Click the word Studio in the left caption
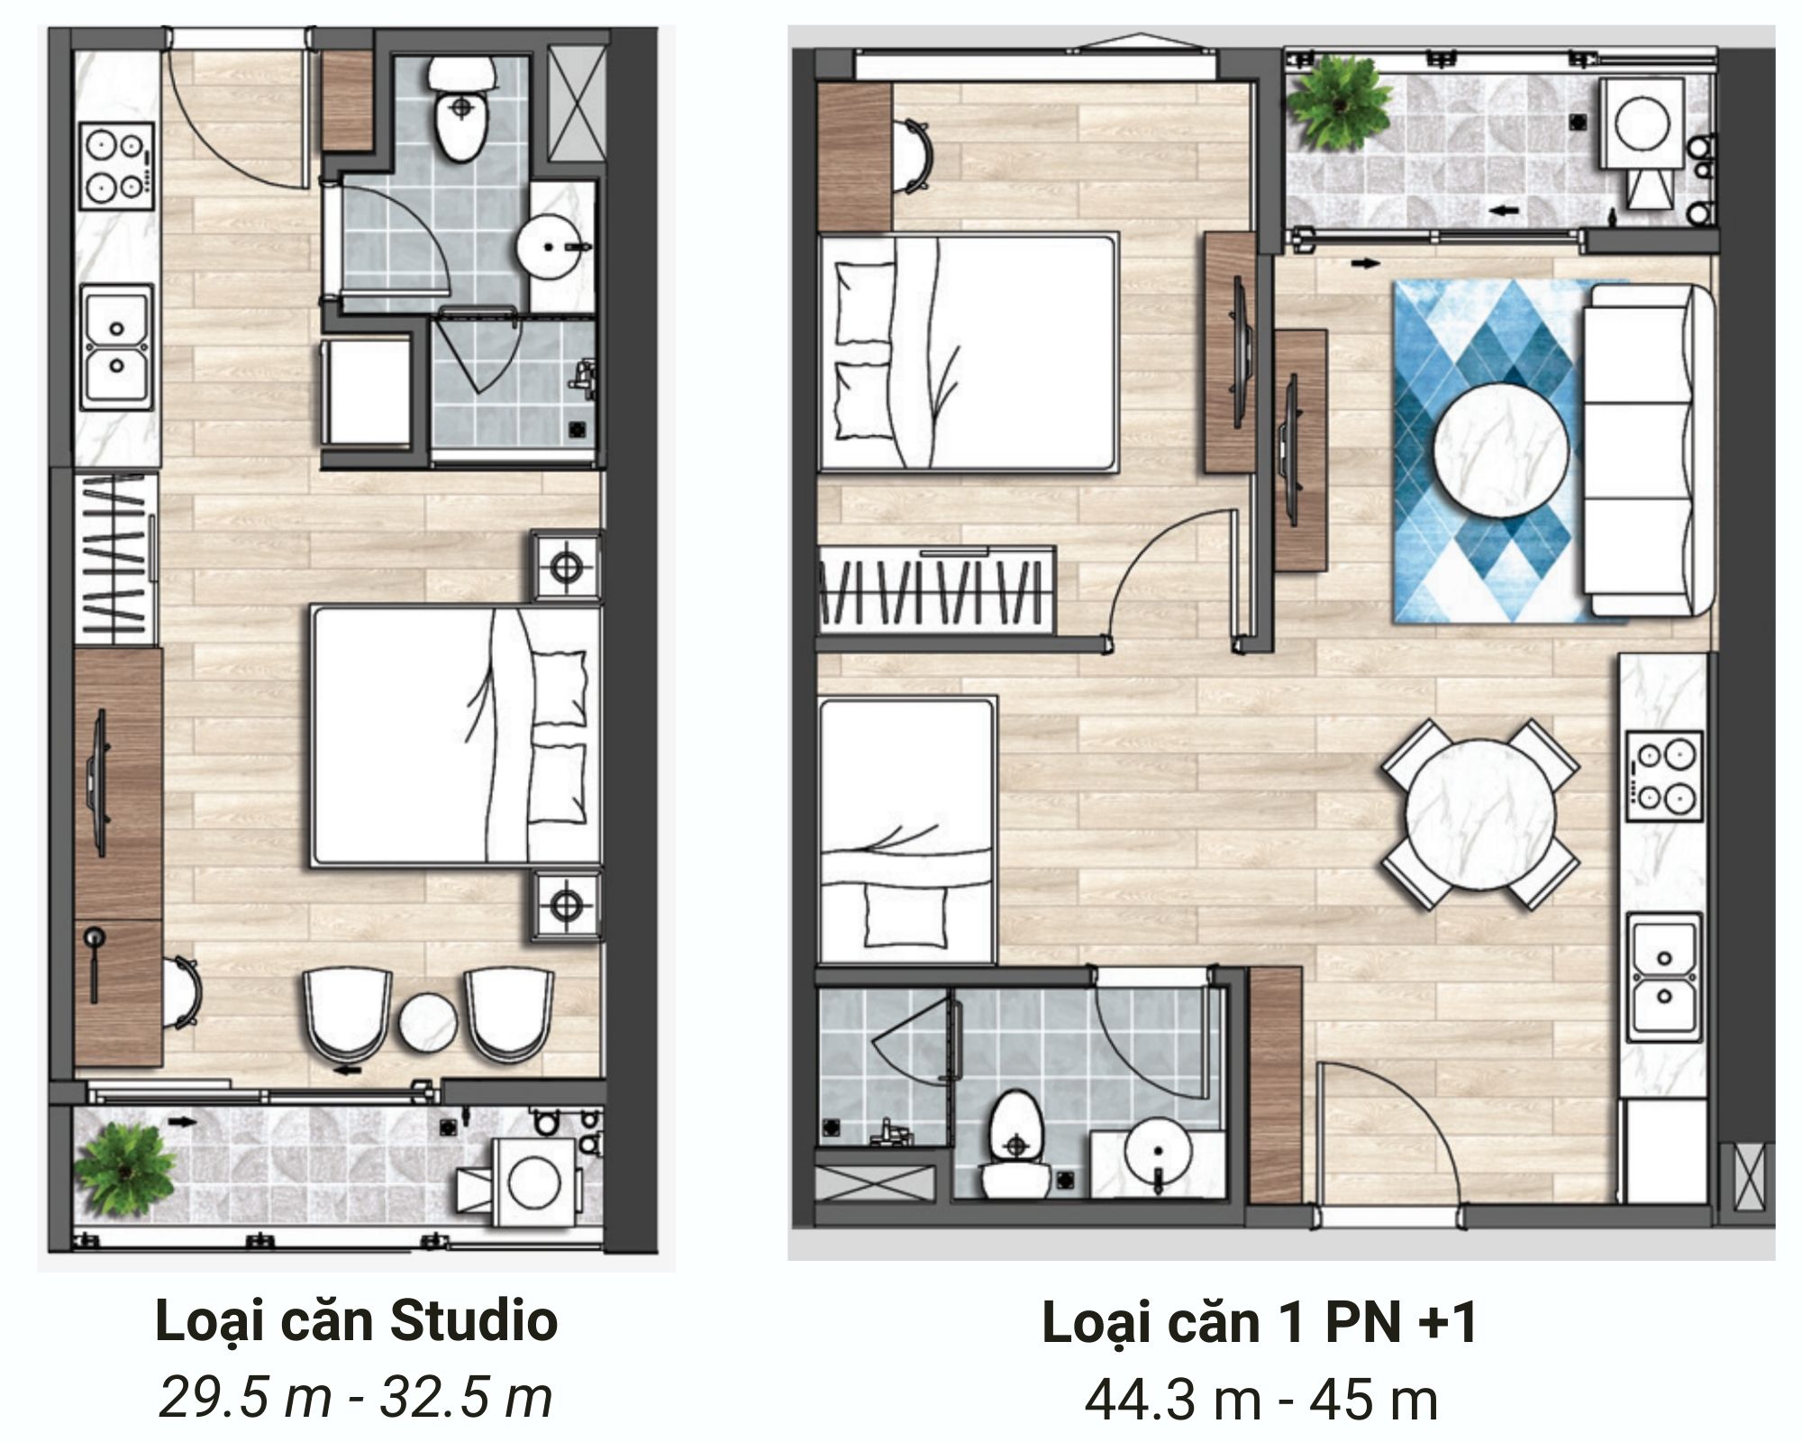pos(474,1322)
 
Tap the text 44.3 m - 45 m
pos(1261,1400)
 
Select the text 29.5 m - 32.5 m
pos(356,1398)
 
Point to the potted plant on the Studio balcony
pos(123,1169)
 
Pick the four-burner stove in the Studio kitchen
pos(118,164)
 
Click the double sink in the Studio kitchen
pos(118,346)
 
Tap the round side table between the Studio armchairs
pos(427,1020)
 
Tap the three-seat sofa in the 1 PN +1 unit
pos(1648,451)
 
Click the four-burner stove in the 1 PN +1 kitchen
pos(1664,776)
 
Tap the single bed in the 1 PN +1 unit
pos(907,831)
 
